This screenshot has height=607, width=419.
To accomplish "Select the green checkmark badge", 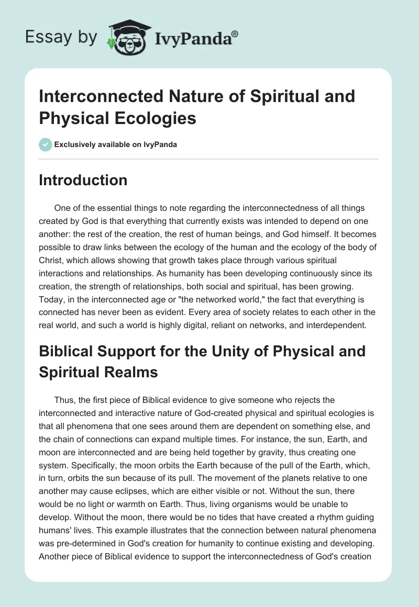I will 46,144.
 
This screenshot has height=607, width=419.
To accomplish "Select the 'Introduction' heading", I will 83,180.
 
